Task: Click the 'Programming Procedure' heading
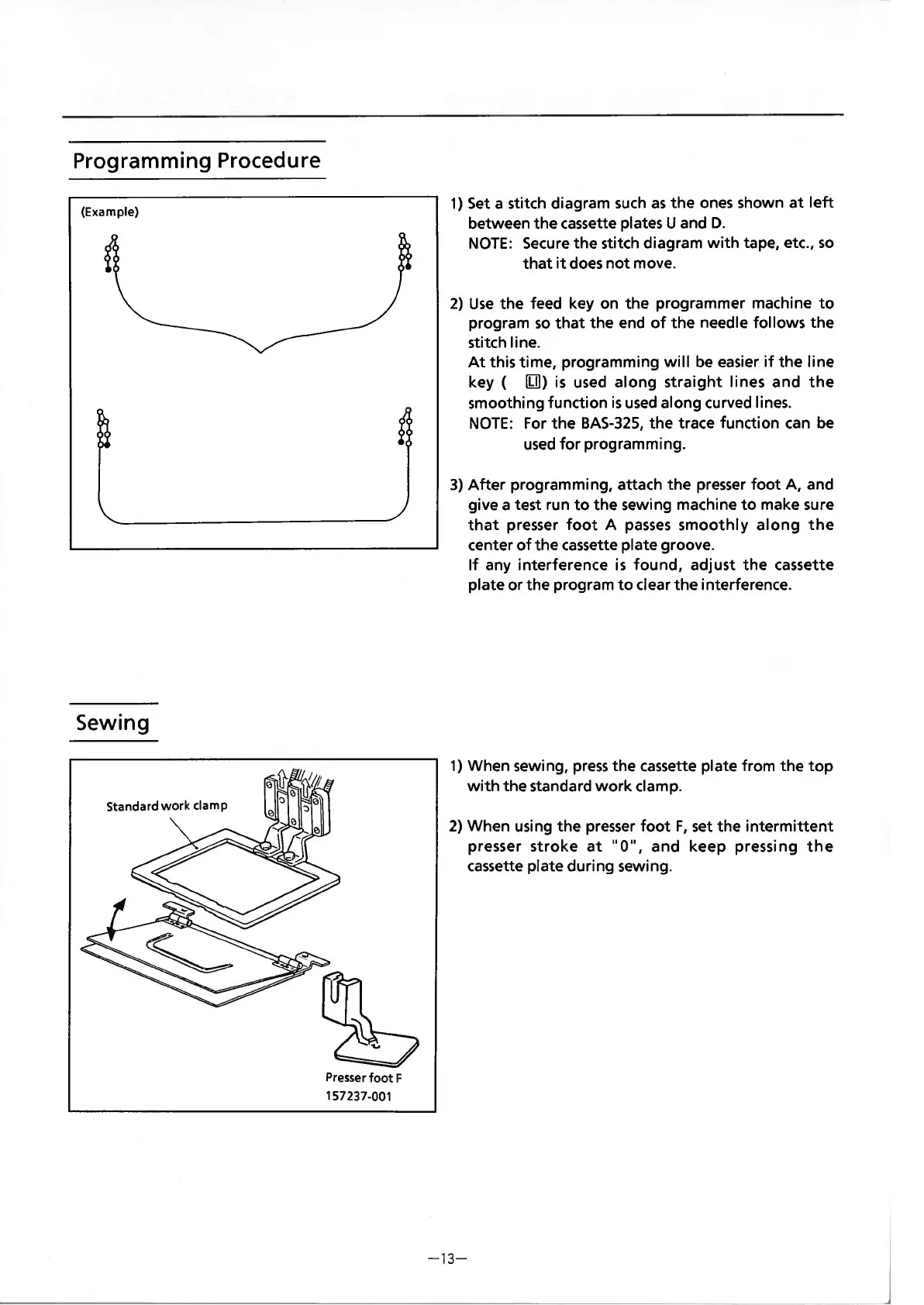[196, 160]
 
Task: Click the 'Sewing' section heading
[112, 722]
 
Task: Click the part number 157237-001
[358, 1096]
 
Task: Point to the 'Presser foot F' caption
[364, 1077]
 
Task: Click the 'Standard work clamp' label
[167, 805]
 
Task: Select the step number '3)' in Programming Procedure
[457, 485]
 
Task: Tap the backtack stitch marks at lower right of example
[404, 428]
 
